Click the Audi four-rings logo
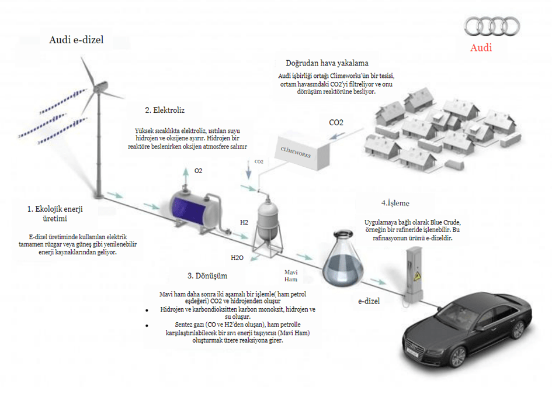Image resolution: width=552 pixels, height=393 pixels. tap(492, 26)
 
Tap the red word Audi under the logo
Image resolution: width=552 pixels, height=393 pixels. tap(481, 47)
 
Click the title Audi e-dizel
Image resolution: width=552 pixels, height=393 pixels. tap(77, 40)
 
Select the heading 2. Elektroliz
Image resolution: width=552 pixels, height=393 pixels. tap(165, 110)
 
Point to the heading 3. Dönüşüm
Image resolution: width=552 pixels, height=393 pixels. tap(207, 275)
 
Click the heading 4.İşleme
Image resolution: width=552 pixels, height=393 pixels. tap(395, 203)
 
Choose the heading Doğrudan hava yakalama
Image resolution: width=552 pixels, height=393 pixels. tap(327, 63)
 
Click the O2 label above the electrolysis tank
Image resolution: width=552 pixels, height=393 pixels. tap(198, 171)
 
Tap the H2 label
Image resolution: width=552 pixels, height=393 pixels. tap(244, 222)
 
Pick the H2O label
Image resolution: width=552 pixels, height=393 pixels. tap(237, 258)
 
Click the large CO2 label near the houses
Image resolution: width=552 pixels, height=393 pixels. tap(336, 122)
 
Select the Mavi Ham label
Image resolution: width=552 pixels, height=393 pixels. tap(291, 275)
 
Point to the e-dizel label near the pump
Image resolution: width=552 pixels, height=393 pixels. tap(369, 301)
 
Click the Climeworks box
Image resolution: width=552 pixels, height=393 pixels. tap(302, 152)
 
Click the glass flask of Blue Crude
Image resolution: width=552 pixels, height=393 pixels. tap(342, 258)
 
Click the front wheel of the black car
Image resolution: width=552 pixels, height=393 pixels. tap(457, 357)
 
